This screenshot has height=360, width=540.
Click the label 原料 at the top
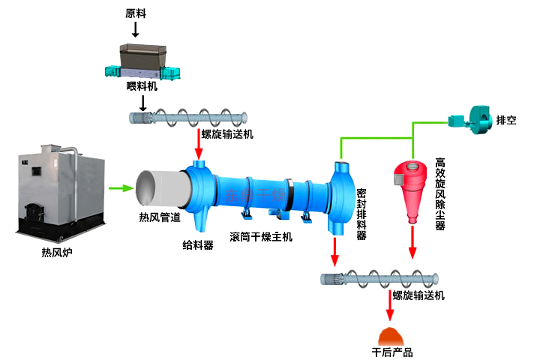pyautogui.click(x=136, y=13)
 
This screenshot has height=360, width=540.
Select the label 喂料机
pyautogui.click(x=141, y=86)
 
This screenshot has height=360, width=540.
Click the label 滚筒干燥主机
pyautogui.click(x=261, y=237)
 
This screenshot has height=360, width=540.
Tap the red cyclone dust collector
pyautogui.click(x=410, y=188)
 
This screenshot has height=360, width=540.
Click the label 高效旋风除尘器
pyautogui.click(x=440, y=193)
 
